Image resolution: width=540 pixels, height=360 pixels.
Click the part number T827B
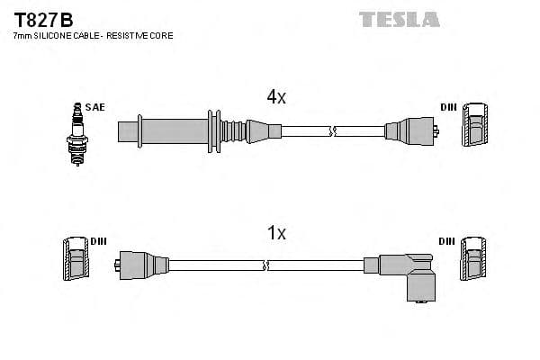click(x=43, y=18)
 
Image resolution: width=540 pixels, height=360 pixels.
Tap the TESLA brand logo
click(x=399, y=19)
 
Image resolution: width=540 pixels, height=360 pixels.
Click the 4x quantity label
click(x=275, y=97)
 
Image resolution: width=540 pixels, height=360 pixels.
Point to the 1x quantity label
click(x=276, y=233)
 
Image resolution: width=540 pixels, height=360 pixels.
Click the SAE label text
click(x=96, y=107)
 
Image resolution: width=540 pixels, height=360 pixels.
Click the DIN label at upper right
click(x=448, y=107)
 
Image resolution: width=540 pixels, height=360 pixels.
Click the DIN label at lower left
click(x=98, y=242)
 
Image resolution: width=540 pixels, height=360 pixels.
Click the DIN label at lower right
click(x=446, y=241)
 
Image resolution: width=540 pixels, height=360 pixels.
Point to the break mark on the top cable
click(x=333, y=131)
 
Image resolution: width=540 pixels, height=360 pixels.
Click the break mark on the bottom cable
click(x=266, y=265)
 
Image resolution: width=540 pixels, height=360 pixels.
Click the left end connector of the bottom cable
click(x=142, y=265)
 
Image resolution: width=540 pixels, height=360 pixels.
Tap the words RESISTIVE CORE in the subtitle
click(x=143, y=36)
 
